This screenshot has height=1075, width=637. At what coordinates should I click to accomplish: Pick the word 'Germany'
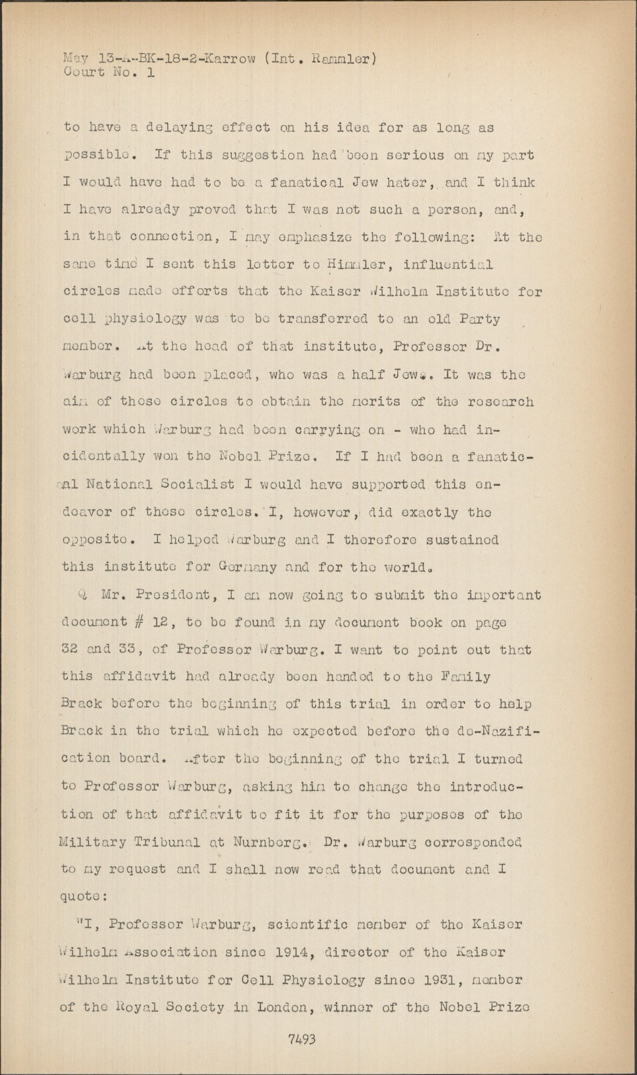coord(237,567)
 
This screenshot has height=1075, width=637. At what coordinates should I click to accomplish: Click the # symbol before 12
coord(131,622)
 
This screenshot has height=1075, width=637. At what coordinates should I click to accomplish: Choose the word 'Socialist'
coord(199,485)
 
